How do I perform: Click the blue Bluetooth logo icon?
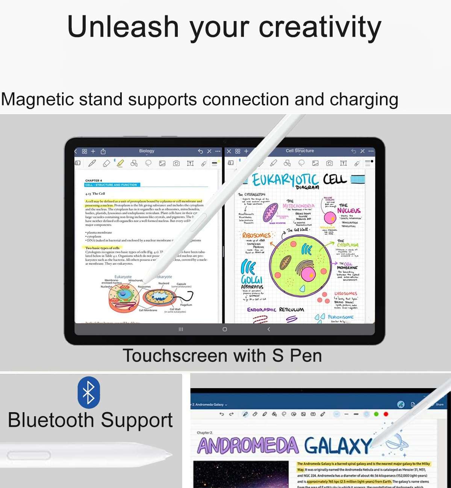click(x=89, y=393)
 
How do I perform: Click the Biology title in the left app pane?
click(x=147, y=151)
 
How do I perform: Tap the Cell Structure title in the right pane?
click(x=300, y=151)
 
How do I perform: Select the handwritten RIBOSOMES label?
click(x=256, y=235)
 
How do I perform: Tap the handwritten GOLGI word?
click(x=251, y=280)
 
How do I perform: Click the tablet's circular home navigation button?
click(x=225, y=329)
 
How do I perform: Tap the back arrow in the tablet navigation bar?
click(x=268, y=329)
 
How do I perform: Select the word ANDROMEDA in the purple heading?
click(x=248, y=446)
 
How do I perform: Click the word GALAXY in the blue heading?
click(x=337, y=446)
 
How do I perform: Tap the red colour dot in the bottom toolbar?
click(x=386, y=414)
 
